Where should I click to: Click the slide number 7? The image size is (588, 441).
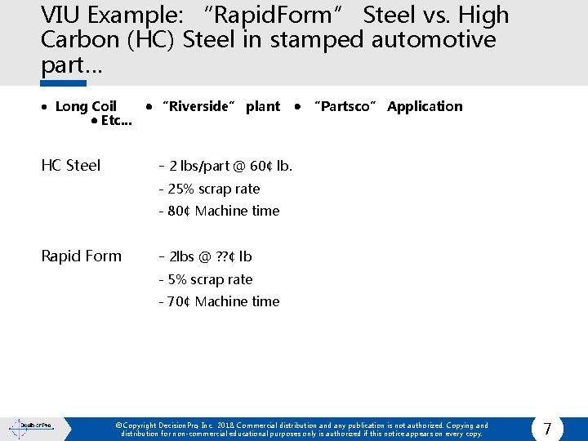point(547,429)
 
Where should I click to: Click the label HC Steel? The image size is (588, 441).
point(71,166)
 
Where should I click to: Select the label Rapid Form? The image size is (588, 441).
point(82,256)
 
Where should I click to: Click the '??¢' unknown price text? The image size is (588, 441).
point(225,256)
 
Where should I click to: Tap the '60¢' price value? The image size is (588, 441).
point(261,166)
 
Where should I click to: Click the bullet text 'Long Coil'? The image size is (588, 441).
point(86,106)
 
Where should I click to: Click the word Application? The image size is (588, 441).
point(425,106)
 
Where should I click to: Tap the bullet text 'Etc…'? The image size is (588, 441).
point(116,121)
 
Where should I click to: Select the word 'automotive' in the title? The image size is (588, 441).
point(433,39)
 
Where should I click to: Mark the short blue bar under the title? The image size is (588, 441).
point(64,82)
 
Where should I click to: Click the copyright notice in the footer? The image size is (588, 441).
point(302,430)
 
